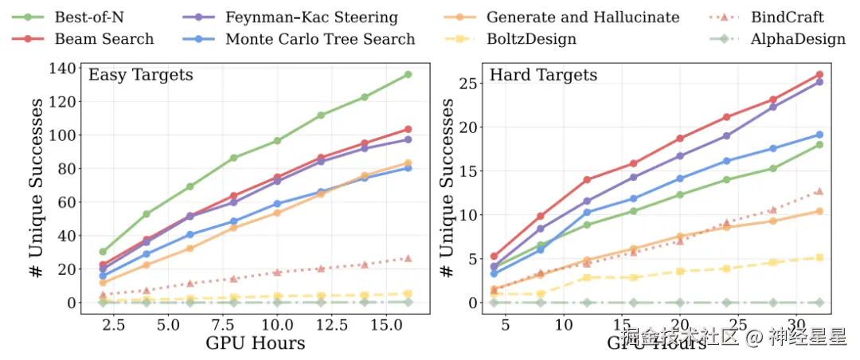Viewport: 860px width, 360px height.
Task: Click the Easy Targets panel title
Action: [141, 76]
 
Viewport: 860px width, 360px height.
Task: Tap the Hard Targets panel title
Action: [543, 76]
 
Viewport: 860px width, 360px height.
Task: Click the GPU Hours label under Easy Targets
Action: [255, 343]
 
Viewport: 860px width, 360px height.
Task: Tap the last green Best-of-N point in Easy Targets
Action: [408, 74]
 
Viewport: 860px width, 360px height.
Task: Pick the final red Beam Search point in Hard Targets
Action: [819, 75]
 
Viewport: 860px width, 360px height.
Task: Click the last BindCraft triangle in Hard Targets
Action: [819, 191]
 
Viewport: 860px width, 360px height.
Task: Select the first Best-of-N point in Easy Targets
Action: [103, 252]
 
